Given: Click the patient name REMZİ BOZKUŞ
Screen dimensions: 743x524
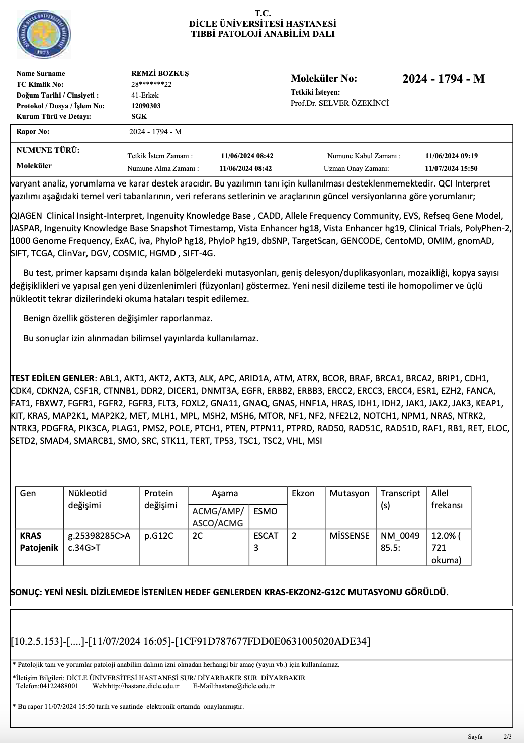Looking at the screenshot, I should (159, 73).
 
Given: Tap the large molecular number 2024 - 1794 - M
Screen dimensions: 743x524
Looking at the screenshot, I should (444, 79).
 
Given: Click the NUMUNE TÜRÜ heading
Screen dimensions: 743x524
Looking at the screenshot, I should (48, 150).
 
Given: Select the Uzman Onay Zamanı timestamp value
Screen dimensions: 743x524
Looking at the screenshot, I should (451, 169).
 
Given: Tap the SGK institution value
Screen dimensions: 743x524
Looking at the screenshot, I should (139, 116).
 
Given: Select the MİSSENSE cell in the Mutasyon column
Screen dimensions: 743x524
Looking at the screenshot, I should (350, 536).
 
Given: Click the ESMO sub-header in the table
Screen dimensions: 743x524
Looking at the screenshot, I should (266, 511).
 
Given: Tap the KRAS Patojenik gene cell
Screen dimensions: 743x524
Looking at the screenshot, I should (39, 541).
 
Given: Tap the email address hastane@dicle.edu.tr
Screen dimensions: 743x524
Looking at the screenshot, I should (246, 686).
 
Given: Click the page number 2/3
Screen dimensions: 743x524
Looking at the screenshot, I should (507, 737).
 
